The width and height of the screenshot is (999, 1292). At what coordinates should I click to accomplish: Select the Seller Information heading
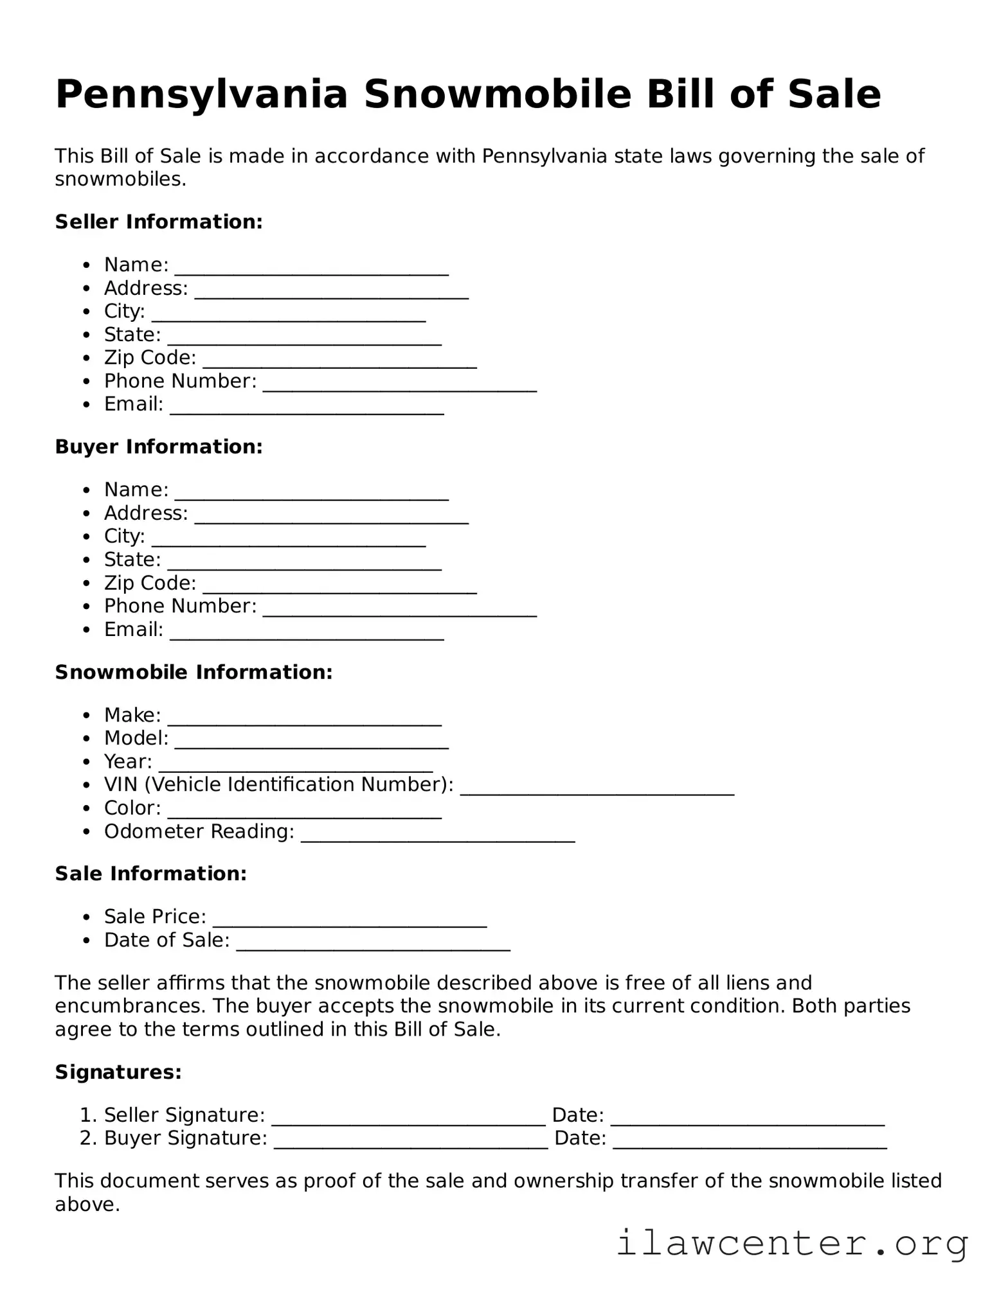[x=159, y=222]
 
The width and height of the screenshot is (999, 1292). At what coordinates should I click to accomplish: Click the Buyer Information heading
[x=159, y=447]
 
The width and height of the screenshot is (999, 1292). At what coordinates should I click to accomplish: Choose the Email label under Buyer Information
[x=134, y=630]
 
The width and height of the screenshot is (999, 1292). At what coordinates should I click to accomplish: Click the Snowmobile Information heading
[x=194, y=672]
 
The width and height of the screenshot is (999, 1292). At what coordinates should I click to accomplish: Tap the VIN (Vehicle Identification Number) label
[x=278, y=784]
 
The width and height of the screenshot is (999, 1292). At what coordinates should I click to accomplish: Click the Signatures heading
[x=118, y=1072]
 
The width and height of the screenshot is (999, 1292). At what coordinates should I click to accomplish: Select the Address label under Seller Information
[x=146, y=288]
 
